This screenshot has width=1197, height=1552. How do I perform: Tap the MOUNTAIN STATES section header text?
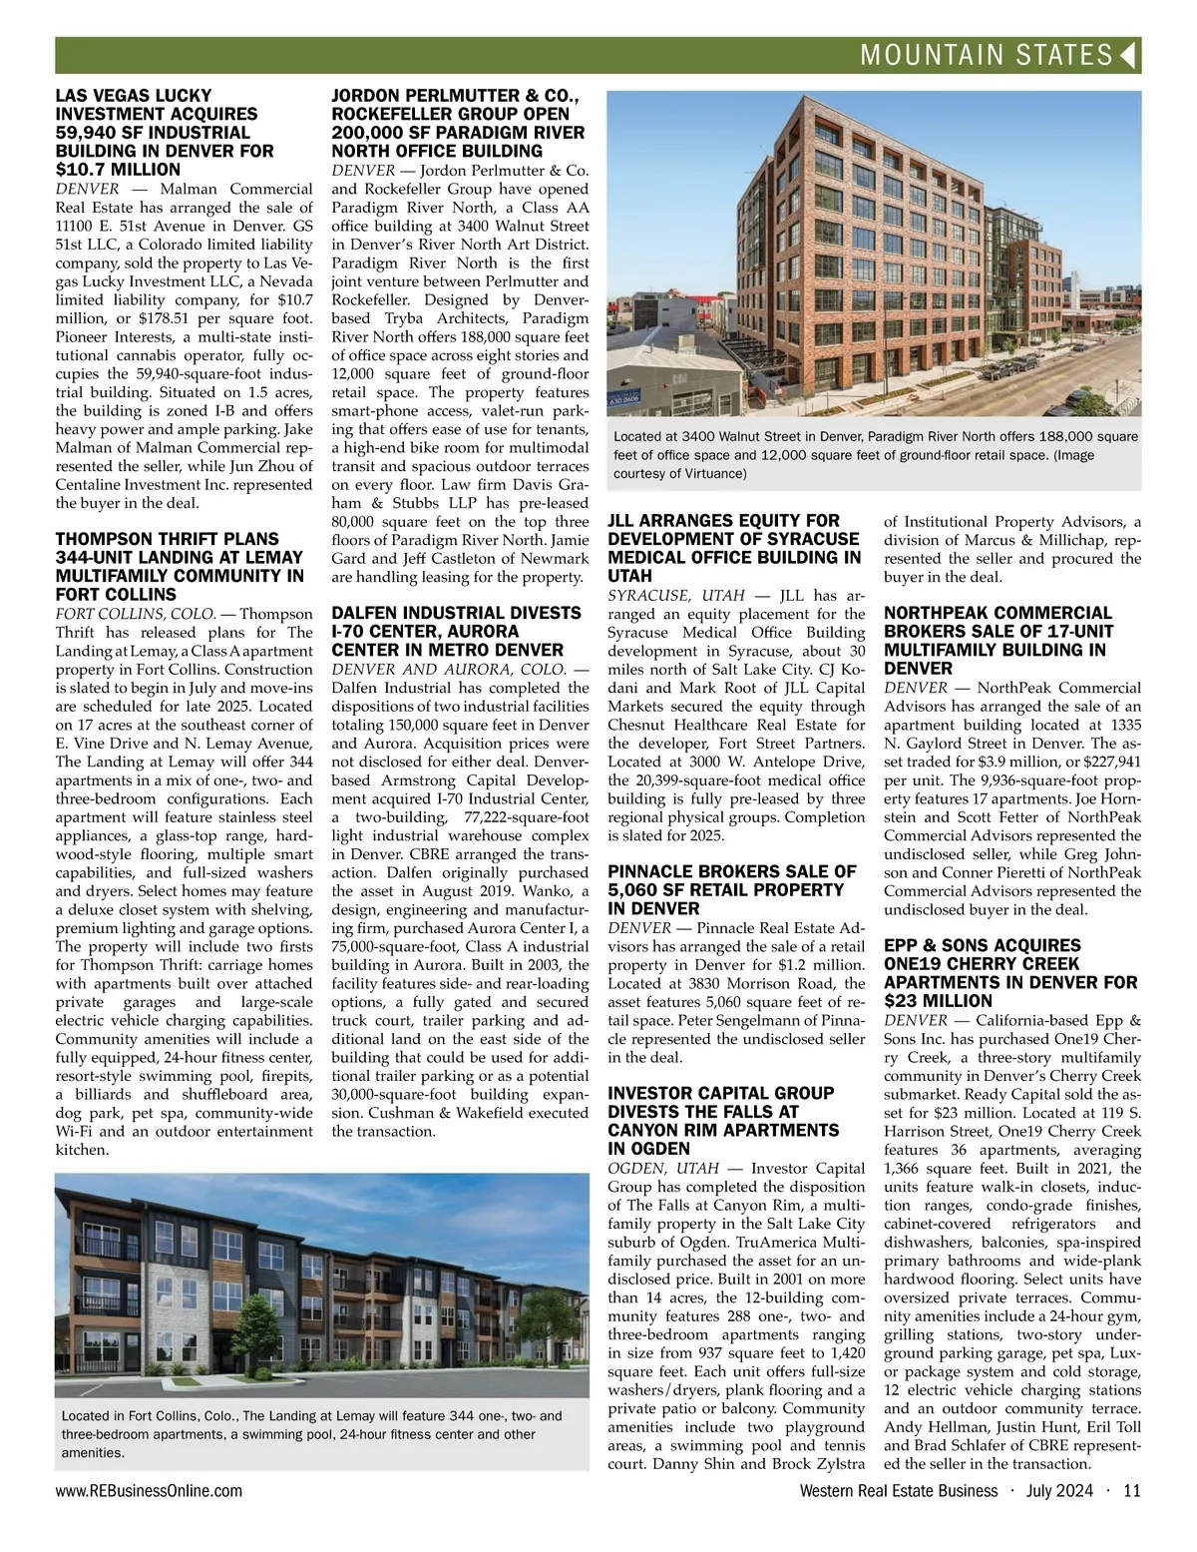tap(986, 56)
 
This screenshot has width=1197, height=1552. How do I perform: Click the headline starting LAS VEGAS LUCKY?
tap(165, 133)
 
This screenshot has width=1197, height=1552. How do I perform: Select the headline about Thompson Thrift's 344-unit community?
tap(180, 567)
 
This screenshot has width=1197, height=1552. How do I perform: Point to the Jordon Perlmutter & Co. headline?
tap(458, 123)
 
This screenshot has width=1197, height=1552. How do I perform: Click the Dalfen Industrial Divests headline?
tap(456, 631)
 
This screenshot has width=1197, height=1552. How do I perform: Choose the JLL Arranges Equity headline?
tap(734, 548)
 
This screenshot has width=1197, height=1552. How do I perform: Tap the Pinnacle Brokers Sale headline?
tap(732, 890)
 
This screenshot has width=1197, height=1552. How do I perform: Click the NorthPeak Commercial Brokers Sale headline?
tap(997, 640)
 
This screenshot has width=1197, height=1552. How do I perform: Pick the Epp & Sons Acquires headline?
tap(1009, 973)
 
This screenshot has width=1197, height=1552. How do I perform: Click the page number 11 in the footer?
tap(1131, 1491)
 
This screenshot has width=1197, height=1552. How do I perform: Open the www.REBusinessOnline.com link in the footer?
tap(149, 1491)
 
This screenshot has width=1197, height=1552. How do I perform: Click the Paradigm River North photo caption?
tap(875, 455)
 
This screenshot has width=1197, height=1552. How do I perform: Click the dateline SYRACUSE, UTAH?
tap(676, 596)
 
